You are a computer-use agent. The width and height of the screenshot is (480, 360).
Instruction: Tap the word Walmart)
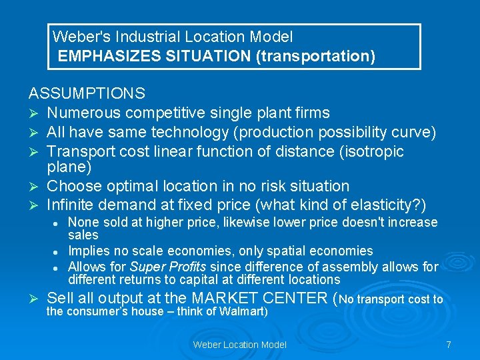[245, 311]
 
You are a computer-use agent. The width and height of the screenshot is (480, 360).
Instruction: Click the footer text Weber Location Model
[239, 345]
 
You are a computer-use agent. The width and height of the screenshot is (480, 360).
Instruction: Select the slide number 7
[449, 345]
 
